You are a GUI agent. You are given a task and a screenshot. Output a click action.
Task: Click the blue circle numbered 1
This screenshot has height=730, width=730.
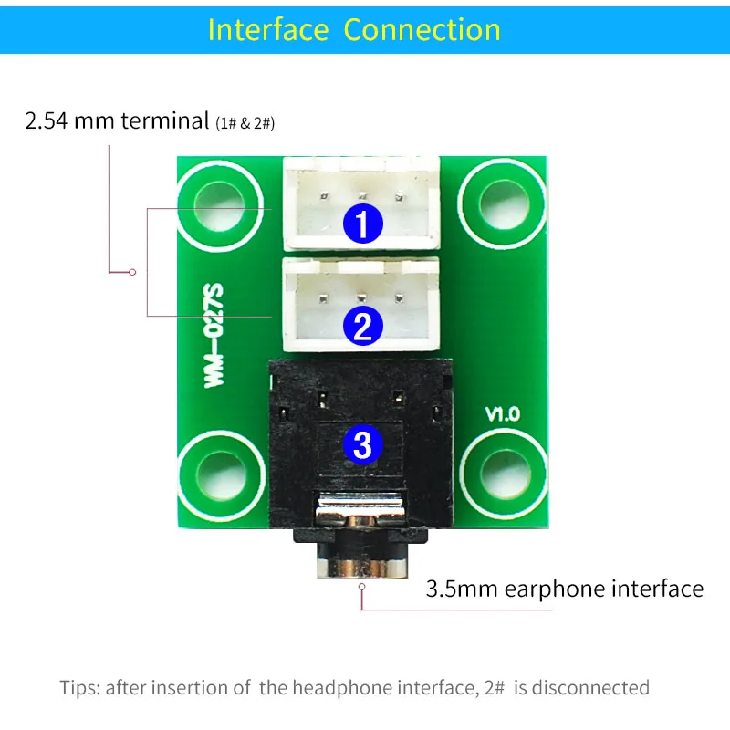pos(362,224)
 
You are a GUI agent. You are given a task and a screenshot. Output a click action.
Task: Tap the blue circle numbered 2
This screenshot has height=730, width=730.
pos(362,326)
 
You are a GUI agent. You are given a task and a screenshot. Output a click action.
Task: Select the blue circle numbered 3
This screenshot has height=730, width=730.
pos(362,444)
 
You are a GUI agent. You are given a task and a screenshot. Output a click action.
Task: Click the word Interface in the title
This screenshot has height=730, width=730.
pos(268,29)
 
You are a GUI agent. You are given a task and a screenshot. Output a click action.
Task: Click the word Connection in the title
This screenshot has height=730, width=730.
pos(422,29)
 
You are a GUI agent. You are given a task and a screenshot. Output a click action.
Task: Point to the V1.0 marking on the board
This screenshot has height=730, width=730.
pos(502,413)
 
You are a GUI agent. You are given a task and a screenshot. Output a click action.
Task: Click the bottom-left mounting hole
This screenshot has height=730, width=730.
pos(218,474)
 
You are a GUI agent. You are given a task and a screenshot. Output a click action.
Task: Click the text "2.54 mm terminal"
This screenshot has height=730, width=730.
pos(116,121)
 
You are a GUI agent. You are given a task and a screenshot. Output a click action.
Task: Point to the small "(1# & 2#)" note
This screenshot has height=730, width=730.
pos(245,123)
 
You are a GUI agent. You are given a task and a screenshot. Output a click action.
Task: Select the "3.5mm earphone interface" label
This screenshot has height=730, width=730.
pos(565,589)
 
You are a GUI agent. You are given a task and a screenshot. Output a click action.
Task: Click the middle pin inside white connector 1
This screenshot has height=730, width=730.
pos(361,193)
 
